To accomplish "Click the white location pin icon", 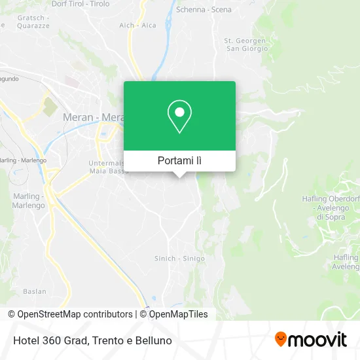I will pyautogui.click(x=179, y=116).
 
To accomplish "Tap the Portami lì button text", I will pyautogui.click(x=179, y=160).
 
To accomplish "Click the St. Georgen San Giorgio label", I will pyautogui.click(x=246, y=45).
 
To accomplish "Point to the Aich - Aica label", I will pyautogui.click(x=137, y=25).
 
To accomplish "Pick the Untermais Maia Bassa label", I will pyautogui.click(x=107, y=168).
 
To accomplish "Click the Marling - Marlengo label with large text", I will pyautogui.click(x=28, y=200).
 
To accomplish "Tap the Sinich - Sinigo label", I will pyautogui.click(x=175, y=258).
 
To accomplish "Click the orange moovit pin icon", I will pyautogui.click(x=281, y=340).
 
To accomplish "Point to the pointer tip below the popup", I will pyautogui.click(x=179, y=176).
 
